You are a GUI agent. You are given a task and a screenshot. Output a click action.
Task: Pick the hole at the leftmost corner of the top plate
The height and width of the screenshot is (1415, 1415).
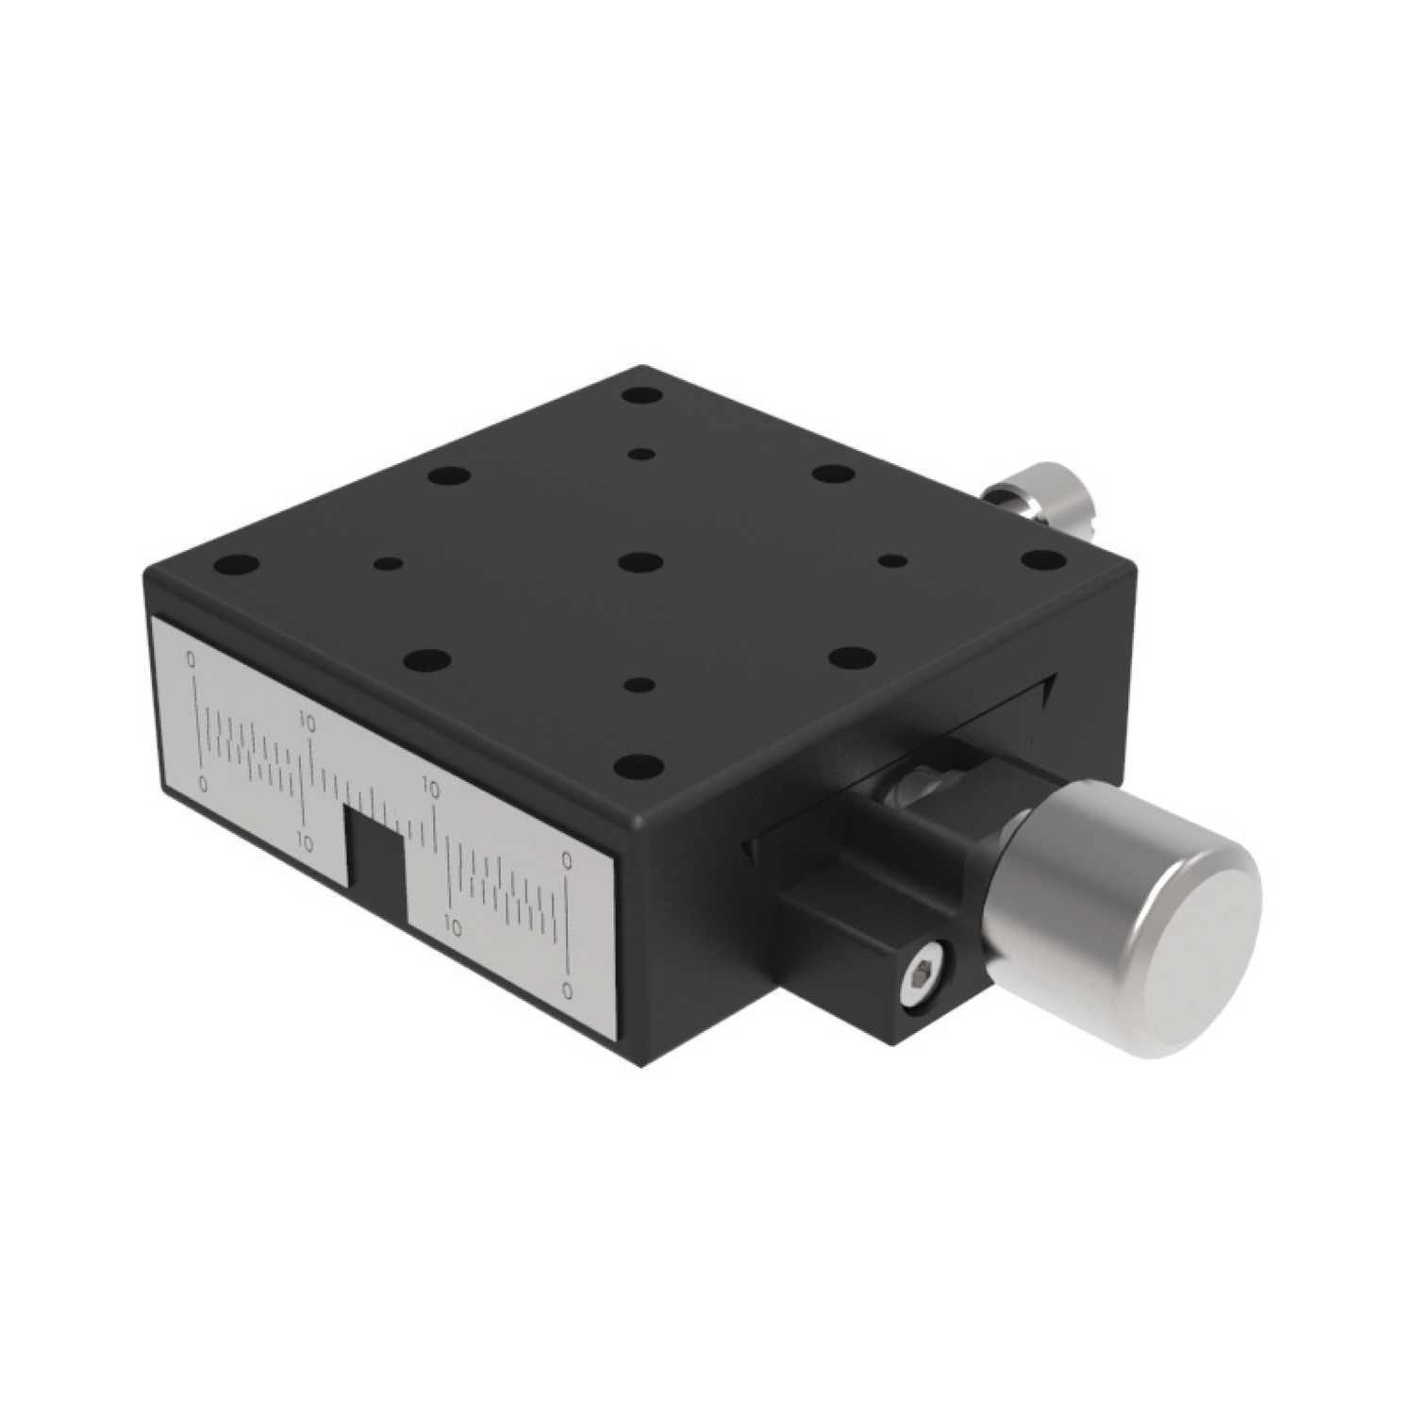click(x=237, y=567)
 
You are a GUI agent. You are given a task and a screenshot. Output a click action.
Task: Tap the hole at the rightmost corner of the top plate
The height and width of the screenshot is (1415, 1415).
click(x=1042, y=561)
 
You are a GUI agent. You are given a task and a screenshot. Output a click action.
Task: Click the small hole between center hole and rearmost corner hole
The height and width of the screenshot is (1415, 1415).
click(x=641, y=455)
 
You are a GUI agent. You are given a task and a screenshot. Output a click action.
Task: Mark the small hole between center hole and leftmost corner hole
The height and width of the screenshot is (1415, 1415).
click(x=387, y=564)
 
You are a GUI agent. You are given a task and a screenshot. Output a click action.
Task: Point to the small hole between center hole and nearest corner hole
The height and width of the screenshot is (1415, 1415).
click(x=641, y=684)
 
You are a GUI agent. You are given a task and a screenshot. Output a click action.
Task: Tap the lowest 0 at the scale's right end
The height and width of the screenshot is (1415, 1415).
click(x=567, y=990)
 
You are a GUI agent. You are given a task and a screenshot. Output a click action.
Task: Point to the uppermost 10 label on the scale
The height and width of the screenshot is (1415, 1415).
click(x=308, y=720)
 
